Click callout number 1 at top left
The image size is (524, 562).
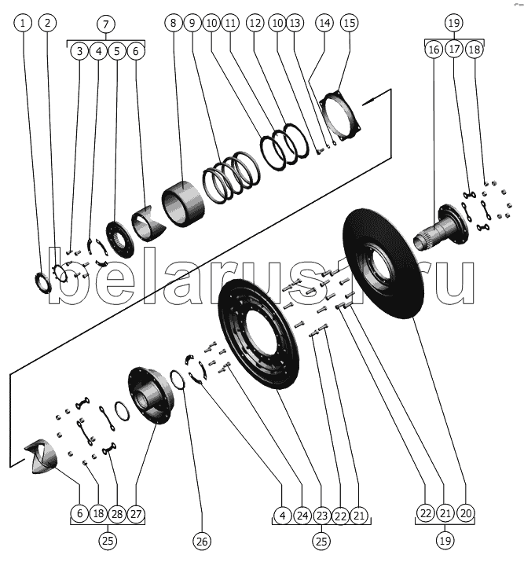(x=23, y=23)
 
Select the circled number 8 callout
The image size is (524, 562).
(x=174, y=23)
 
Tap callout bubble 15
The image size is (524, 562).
(x=350, y=23)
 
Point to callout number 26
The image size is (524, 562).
(x=202, y=541)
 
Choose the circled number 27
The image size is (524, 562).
(x=136, y=514)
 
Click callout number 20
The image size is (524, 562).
(x=466, y=513)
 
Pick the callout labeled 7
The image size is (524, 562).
(x=106, y=24)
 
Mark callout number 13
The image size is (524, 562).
(x=295, y=23)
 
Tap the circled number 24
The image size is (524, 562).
(x=302, y=516)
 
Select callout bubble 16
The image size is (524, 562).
(x=434, y=49)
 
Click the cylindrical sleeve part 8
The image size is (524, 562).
(x=183, y=204)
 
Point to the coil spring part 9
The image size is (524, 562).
(x=232, y=178)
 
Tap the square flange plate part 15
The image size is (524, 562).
(x=340, y=117)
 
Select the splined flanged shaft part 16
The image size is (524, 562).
(x=442, y=226)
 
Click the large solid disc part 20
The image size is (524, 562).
(x=382, y=264)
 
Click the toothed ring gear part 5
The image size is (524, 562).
(x=120, y=239)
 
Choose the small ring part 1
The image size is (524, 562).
(x=42, y=282)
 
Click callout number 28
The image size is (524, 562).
(x=117, y=514)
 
